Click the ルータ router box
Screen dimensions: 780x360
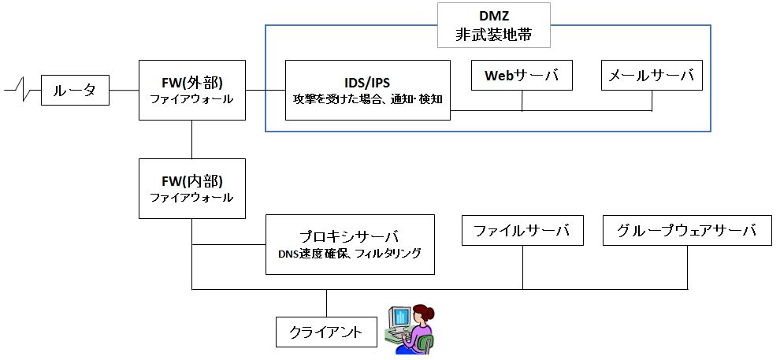[x=75, y=91]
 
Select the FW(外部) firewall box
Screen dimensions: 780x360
[x=192, y=90]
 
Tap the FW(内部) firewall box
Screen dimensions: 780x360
[x=192, y=188]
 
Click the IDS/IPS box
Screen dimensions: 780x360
[x=368, y=90]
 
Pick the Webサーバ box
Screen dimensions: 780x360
[x=522, y=76]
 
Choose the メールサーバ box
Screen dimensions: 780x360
[x=652, y=76]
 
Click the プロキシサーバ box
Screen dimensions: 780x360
[x=350, y=244]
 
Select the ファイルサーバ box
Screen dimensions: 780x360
[x=522, y=230]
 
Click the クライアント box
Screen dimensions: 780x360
[x=326, y=332]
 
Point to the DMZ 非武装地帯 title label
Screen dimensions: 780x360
[x=493, y=25]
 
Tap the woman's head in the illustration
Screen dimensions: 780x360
[x=423, y=314]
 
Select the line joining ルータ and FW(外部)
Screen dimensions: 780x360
[x=124, y=91]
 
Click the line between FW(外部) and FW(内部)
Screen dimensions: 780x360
[x=192, y=139]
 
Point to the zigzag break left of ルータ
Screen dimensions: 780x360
[x=21, y=91]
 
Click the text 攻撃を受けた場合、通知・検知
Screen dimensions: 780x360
[x=368, y=99]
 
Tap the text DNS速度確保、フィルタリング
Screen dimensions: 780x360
[x=350, y=254]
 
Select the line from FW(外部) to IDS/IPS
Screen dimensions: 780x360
[x=266, y=90]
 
